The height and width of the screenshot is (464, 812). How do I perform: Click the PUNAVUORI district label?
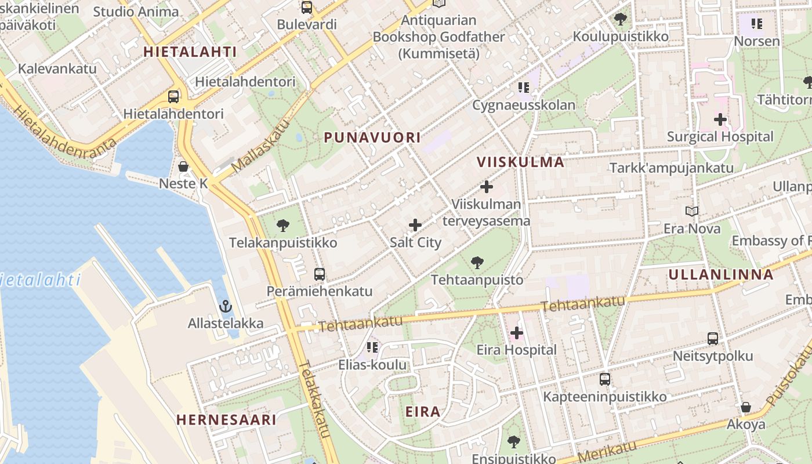tap(372, 137)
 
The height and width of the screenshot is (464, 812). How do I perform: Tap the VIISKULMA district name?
tap(520, 162)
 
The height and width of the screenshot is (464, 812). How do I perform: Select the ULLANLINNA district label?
tap(721, 274)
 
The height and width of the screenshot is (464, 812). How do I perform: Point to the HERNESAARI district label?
tap(226, 419)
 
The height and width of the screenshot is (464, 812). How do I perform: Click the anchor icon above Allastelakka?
tap(225, 306)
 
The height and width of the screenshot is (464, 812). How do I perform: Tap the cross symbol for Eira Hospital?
tap(516, 333)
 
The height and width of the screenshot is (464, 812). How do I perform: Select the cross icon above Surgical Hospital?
tap(720, 120)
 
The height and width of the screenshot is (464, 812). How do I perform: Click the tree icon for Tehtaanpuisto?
tap(477, 263)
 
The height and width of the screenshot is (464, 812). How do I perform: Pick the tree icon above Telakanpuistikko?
tap(283, 226)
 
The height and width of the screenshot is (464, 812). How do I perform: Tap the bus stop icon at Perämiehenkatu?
tap(319, 274)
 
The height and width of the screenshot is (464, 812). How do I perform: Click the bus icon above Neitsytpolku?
tap(713, 339)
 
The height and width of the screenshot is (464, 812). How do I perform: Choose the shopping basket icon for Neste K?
tap(183, 166)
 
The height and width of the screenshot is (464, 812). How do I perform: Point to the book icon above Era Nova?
tap(692, 211)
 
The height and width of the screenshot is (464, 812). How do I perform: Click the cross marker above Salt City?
tap(415, 225)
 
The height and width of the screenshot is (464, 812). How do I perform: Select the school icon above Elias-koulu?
tap(372, 347)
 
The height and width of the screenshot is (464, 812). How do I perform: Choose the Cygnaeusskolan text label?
tap(524, 105)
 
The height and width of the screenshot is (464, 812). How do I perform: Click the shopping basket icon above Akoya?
tap(746, 407)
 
